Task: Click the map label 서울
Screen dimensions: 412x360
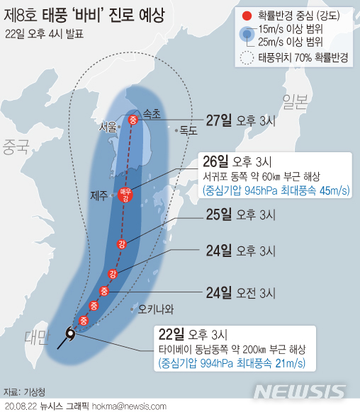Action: [x=108, y=127]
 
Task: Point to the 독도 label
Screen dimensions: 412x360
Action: [x=188, y=130]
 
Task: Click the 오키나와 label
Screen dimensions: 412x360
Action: [x=155, y=309]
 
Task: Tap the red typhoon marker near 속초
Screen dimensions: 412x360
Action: [x=132, y=120]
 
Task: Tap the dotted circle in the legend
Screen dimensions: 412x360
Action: [x=247, y=59]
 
